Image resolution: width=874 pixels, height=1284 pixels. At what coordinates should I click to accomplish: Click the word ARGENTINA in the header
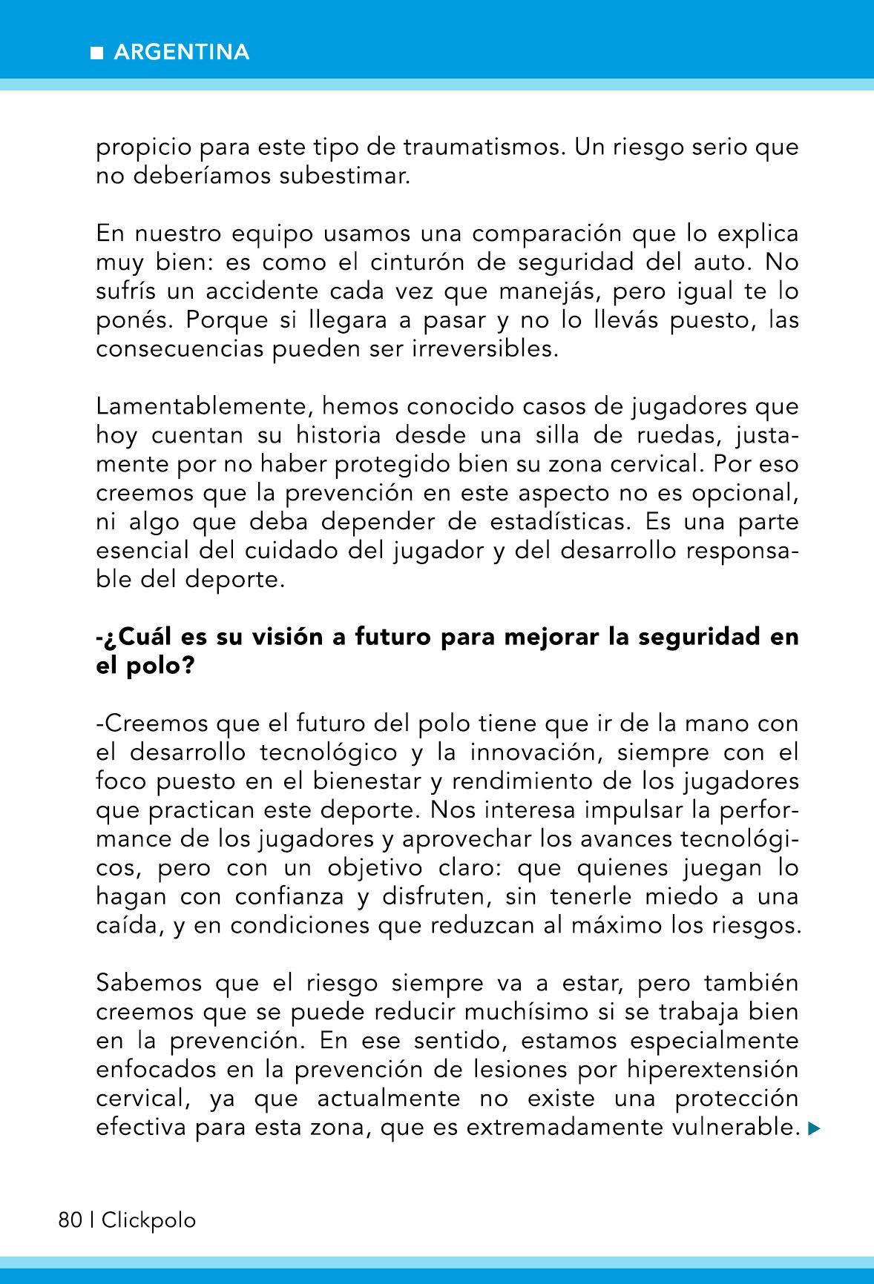click(182, 53)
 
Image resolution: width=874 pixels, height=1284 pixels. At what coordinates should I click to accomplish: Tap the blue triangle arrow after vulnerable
click(814, 1129)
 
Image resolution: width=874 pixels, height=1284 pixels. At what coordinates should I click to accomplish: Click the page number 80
click(70, 1220)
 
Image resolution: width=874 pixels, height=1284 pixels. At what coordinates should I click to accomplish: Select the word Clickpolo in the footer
click(148, 1220)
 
